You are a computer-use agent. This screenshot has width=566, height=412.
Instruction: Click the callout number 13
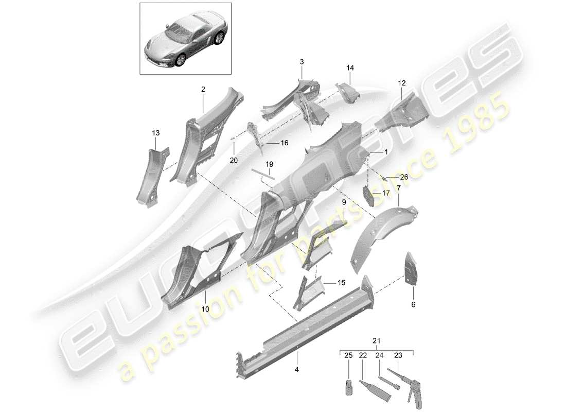coord(155,133)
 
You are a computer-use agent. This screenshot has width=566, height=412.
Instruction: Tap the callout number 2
coord(203,89)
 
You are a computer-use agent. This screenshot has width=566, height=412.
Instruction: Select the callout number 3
coord(302,62)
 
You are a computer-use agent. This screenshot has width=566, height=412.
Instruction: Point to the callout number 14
coord(350,67)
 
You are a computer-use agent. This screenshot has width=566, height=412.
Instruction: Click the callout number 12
coord(402,82)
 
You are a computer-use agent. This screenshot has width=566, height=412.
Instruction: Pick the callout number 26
coord(403,178)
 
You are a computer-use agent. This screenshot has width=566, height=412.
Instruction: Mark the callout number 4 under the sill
coord(297,369)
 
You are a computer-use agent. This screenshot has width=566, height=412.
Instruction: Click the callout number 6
coord(413,304)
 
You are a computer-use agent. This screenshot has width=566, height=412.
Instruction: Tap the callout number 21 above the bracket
coord(377,341)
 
